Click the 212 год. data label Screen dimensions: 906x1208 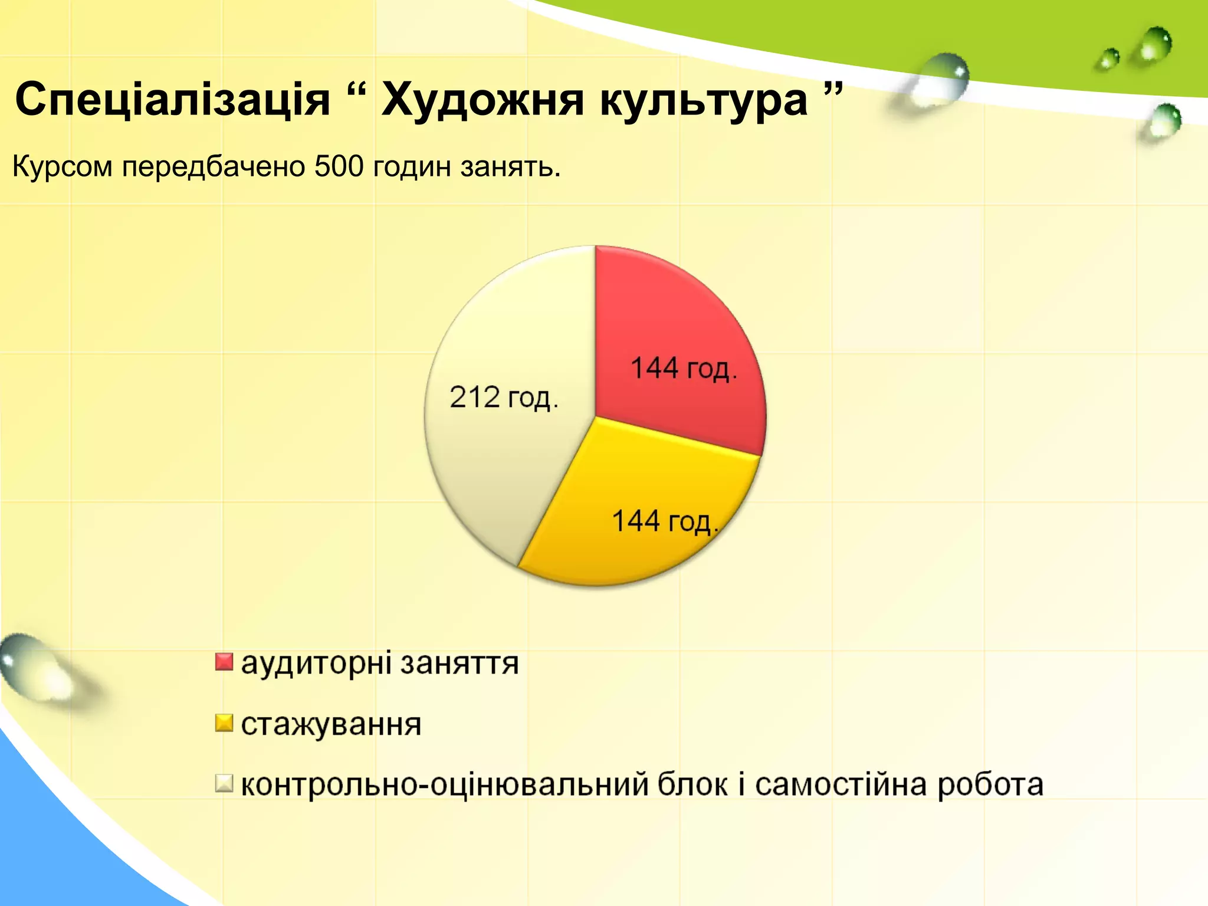tap(504, 398)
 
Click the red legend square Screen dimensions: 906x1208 tap(224, 662)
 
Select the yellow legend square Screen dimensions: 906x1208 tap(224, 723)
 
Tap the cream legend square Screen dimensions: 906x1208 tap(224, 784)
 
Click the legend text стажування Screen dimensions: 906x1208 tap(331, 724)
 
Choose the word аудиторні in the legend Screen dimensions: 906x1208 tap(316, 663)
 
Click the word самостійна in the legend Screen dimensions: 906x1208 tap(841, 785)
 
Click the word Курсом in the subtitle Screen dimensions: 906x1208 tap(63, 167)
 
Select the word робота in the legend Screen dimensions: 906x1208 tap(990, 785)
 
